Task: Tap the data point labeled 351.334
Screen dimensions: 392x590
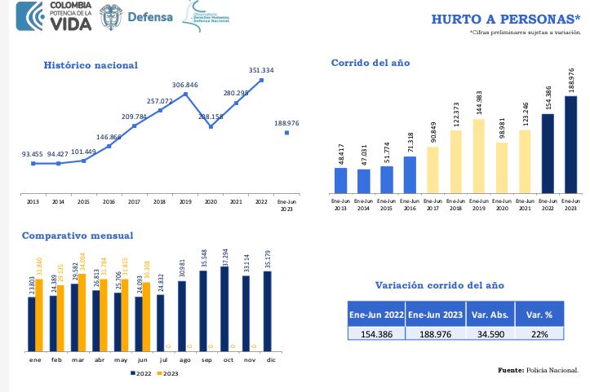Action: pyautogui.click(x=261, y=80)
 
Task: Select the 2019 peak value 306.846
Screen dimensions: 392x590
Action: pyautogui.click(x=185, y=85)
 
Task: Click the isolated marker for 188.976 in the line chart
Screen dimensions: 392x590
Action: pyautogui.click(x=286, y=132)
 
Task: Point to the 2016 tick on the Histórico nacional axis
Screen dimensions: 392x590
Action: pyautogui.click(x=109, y=200)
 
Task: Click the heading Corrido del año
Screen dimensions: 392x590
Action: pyautogui.click(x=370, y=63)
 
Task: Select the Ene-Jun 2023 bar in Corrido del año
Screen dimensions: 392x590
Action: pyautogui.click(x=570, y=143)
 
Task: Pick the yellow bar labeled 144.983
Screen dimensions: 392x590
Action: pyautogui.click(x=479, y=156)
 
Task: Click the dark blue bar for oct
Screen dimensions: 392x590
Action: pyautogui.click(x=224, y=308)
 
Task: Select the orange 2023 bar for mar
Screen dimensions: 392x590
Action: pyautogui.click(x=82, y=312)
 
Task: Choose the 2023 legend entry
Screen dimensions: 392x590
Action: pyautogui.click(x=167, y=373)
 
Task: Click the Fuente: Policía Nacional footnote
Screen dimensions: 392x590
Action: pyautogui.click(x=538, y=370)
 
